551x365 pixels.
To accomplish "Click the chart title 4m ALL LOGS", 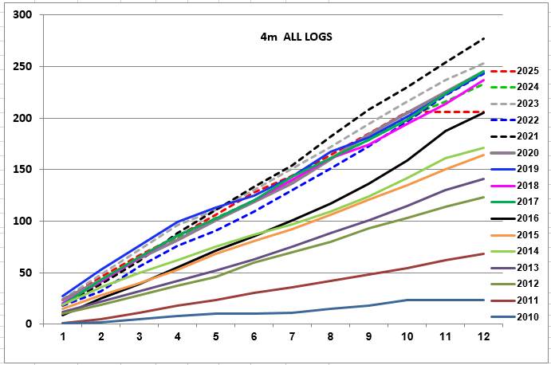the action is pyautogui.click(x=297, y=37).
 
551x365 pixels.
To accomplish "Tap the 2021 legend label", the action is pyautogui.click(x=528, y=136).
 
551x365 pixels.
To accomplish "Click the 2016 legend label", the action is pyautogui.click(x=528, y=218).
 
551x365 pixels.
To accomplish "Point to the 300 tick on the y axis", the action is pyautogui.click(x=22, y=15).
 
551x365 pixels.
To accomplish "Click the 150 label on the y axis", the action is pyautogui.click(x=22, y=169).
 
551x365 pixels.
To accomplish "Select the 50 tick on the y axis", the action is pyautogui.click(x=26, y=273).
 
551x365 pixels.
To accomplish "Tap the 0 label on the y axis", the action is pyautogui.click(x=29, y=324).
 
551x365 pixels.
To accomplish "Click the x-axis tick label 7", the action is pyautogui.click(x=292, y=337).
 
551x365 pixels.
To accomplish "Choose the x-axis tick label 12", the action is pyautogui.click(x=483, y=337).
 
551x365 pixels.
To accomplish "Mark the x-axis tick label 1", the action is pyautogui.click(x=63, y=337).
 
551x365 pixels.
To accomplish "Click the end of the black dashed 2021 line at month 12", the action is pyautogui.click(x=484, y=38).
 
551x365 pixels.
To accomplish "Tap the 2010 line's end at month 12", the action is pyautogui.click(x=484, y=300).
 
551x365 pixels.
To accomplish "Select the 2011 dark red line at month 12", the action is pyautogui.click(x=484, y=253).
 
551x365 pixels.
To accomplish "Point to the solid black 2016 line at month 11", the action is pyautogui.click(x=446, y=131).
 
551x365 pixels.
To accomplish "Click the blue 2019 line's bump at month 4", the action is pyautogui.click(x=178, y=222).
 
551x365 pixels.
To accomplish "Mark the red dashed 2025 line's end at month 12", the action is pyautogui.click(x=484, y=112).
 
